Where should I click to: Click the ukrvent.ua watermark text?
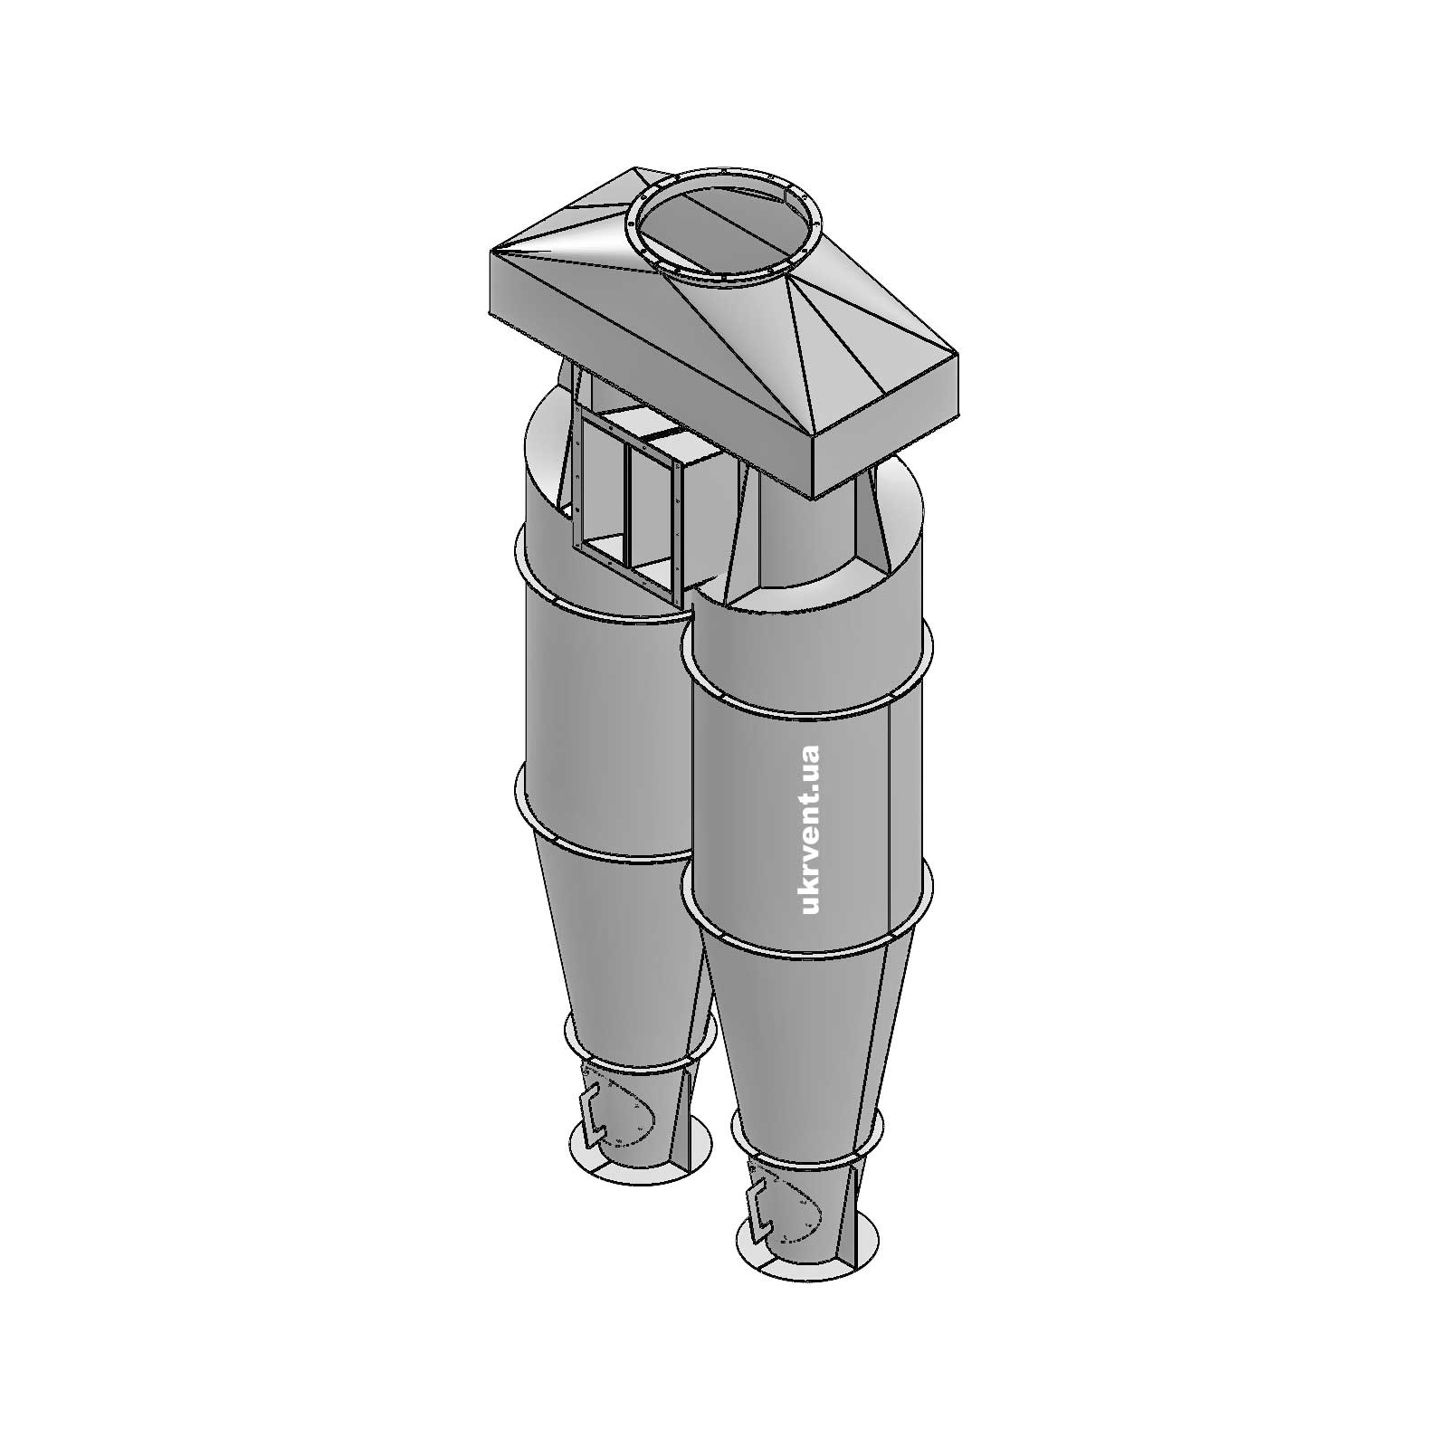pos(810,829)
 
